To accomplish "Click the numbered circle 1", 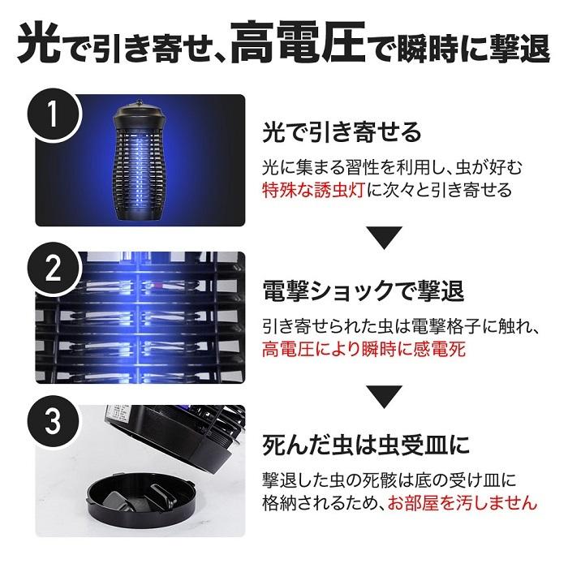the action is tap(53, 114).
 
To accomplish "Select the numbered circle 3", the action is tap(53, 422).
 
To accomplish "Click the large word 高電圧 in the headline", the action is tap(298, 44).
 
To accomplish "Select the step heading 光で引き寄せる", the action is tap(342, 132).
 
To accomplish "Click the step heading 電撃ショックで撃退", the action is tap(363, 291).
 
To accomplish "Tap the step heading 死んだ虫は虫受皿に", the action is tap(366, 445).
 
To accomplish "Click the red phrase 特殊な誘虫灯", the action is tap(313, 191).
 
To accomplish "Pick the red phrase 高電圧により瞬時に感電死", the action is tap(364, 350).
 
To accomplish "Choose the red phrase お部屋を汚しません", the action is tap(463, 504).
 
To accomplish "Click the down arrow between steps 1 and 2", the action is tap(385, 238).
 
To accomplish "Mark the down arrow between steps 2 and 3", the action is tap(385, 397).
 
